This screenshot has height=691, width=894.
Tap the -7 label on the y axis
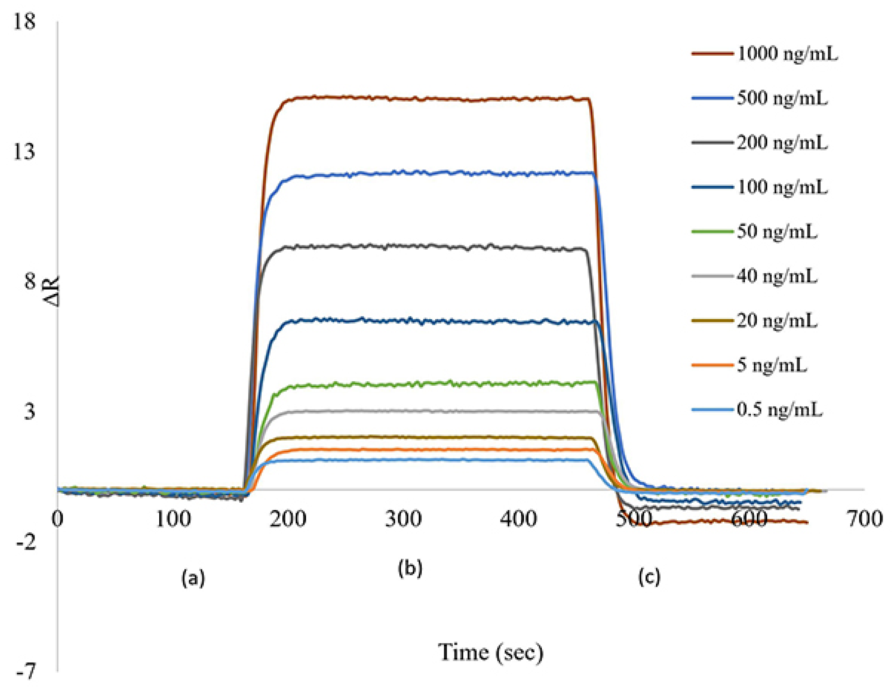[x=25, y=672]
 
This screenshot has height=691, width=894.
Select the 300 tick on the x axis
[x=403, y=519]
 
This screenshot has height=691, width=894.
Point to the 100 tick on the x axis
[x=173, y=519]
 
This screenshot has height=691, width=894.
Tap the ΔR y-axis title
[x=52, y=291]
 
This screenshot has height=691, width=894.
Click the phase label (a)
[x=193, y=578]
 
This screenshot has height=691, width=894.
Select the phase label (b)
[x=410, y=568]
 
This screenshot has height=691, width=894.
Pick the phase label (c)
[x=649, y=577]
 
